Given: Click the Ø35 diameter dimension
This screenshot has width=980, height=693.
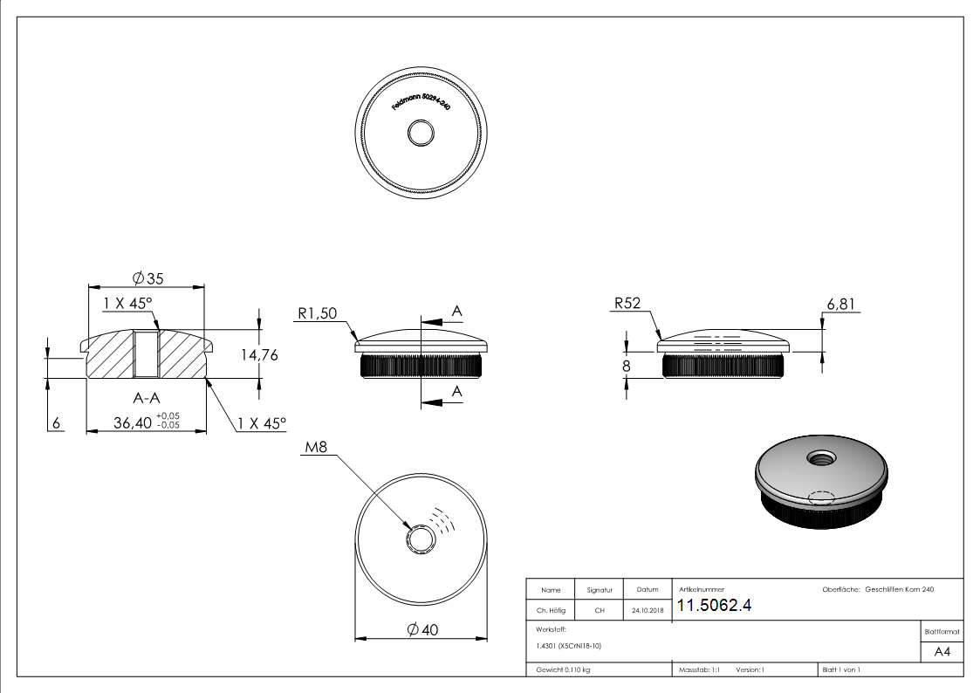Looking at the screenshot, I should click(x=148, y=278).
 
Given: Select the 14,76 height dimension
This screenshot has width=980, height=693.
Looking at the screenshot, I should click(x=258, y=354).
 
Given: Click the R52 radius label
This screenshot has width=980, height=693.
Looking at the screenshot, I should click(x=627, y=304).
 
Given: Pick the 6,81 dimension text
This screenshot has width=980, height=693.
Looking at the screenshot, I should click(x=840, y=304).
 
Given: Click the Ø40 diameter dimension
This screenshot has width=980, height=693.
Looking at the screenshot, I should click(x=422, y=629).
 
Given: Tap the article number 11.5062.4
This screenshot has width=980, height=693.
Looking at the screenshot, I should click(x=714, y=606).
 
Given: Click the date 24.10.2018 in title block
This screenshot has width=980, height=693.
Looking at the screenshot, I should click(x=647, y=611).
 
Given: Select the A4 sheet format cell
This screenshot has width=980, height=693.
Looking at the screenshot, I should click(x=942, y=652).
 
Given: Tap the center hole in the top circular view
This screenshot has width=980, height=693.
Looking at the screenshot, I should click(x=422, y=134).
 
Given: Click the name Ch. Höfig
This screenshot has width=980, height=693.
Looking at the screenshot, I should click(x=551, y=611).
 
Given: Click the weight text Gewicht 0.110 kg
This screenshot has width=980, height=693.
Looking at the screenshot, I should click(x=563, y=669).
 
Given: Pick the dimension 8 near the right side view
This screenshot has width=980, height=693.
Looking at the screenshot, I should click(x=627, y=366).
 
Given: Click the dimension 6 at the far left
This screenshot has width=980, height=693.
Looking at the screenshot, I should click(x=57, y=423).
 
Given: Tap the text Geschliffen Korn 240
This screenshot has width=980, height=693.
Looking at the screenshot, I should click(x=899, y=590).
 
